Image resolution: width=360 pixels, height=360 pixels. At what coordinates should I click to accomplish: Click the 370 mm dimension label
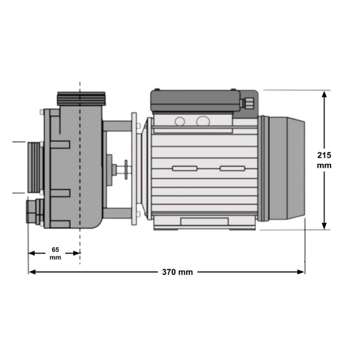[177, 272]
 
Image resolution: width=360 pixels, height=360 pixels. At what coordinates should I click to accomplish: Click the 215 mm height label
[324, 160]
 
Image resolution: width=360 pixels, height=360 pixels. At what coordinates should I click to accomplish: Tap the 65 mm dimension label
[55, 253]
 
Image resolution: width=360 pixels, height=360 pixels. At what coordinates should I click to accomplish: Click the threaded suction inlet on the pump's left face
[34, 166]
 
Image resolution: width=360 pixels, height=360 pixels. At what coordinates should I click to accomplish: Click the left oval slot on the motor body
[184, 168]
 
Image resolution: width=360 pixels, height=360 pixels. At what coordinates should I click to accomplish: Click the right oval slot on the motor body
[232, 168]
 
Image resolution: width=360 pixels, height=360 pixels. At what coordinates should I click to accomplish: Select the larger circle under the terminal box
[203, 121]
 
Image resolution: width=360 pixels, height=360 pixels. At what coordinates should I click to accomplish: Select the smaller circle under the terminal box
[180, 121]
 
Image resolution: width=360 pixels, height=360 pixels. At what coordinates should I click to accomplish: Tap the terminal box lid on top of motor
[196, 100]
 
